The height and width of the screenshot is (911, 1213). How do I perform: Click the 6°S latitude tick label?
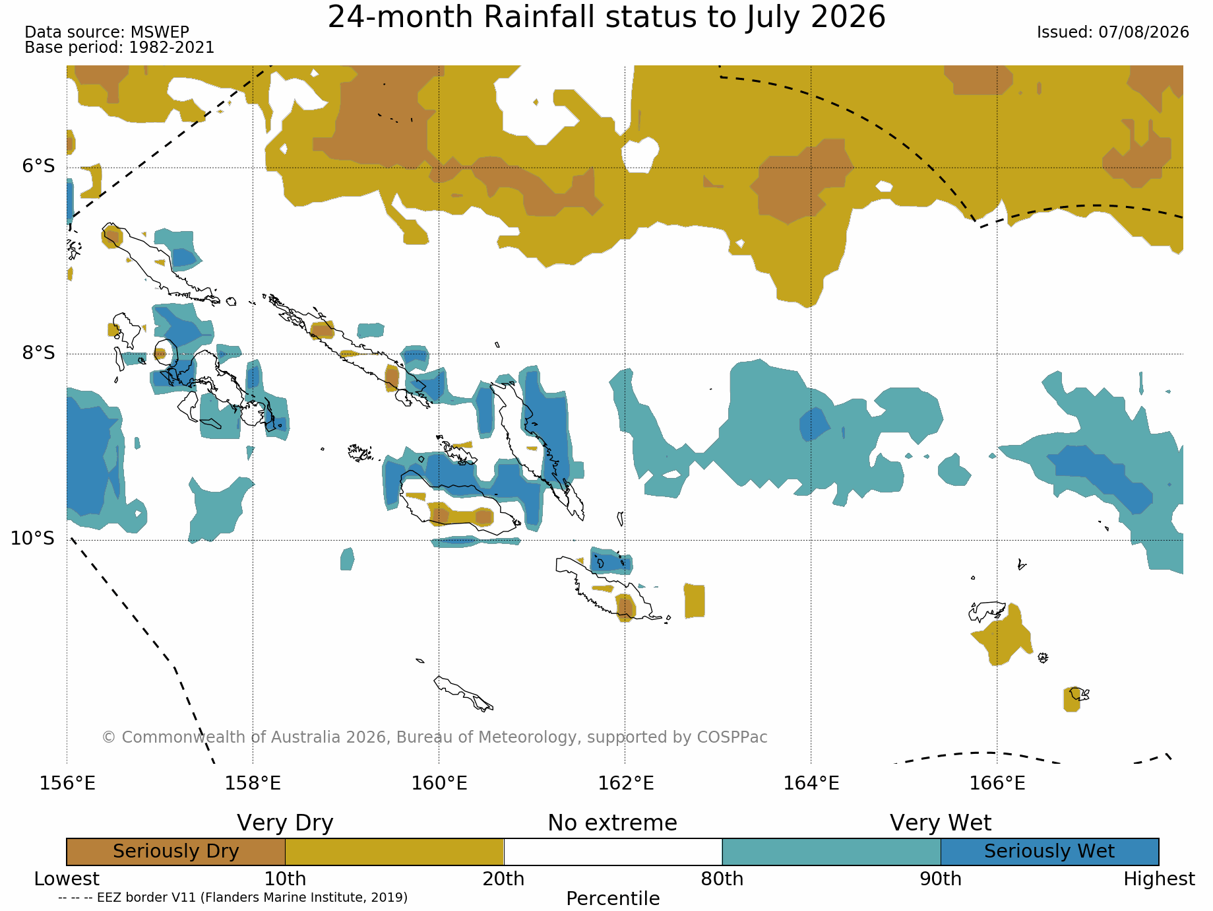point(39,166)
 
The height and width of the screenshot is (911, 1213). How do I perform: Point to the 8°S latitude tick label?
point(39,353)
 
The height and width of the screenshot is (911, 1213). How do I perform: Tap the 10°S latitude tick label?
point(33,539)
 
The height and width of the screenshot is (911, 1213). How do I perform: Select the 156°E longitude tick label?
point(67,784)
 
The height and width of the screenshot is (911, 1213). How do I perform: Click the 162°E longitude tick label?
point(625,784)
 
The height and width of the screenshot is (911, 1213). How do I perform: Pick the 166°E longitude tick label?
point(997,784)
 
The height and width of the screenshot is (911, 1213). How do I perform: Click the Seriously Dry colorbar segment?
point(176,852)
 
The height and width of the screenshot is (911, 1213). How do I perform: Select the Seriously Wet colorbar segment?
point(1049,852)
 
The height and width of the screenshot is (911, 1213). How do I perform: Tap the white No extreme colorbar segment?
point(613,852)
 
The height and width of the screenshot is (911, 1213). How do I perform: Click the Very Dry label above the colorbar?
point(285,823)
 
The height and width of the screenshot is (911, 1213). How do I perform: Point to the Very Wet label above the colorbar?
point(941,823)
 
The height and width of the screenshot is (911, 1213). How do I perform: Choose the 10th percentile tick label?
point(285,879)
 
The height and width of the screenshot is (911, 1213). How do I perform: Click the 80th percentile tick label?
point(722,879)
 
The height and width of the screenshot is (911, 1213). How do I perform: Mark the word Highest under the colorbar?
point(1159,879)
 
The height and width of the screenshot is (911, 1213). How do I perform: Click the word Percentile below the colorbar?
point(613,898)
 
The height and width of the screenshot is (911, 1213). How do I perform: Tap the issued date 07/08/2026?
point(1143,32)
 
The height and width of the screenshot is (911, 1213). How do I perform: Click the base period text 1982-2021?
point(171,48)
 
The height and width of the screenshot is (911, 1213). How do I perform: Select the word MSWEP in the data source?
point(160,32)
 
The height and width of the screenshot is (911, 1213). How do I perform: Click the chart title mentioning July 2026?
point(606,17)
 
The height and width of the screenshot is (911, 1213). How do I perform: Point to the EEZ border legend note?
point(233,897)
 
